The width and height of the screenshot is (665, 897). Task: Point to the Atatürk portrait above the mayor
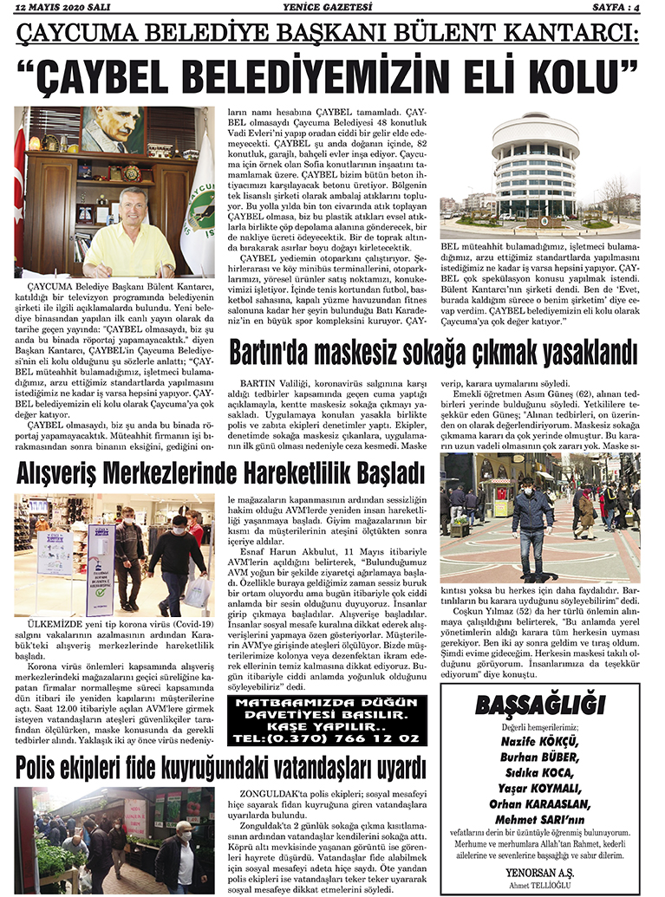[x=115, y=130]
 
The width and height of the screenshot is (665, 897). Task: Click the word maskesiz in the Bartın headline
[x=387, y=354]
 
